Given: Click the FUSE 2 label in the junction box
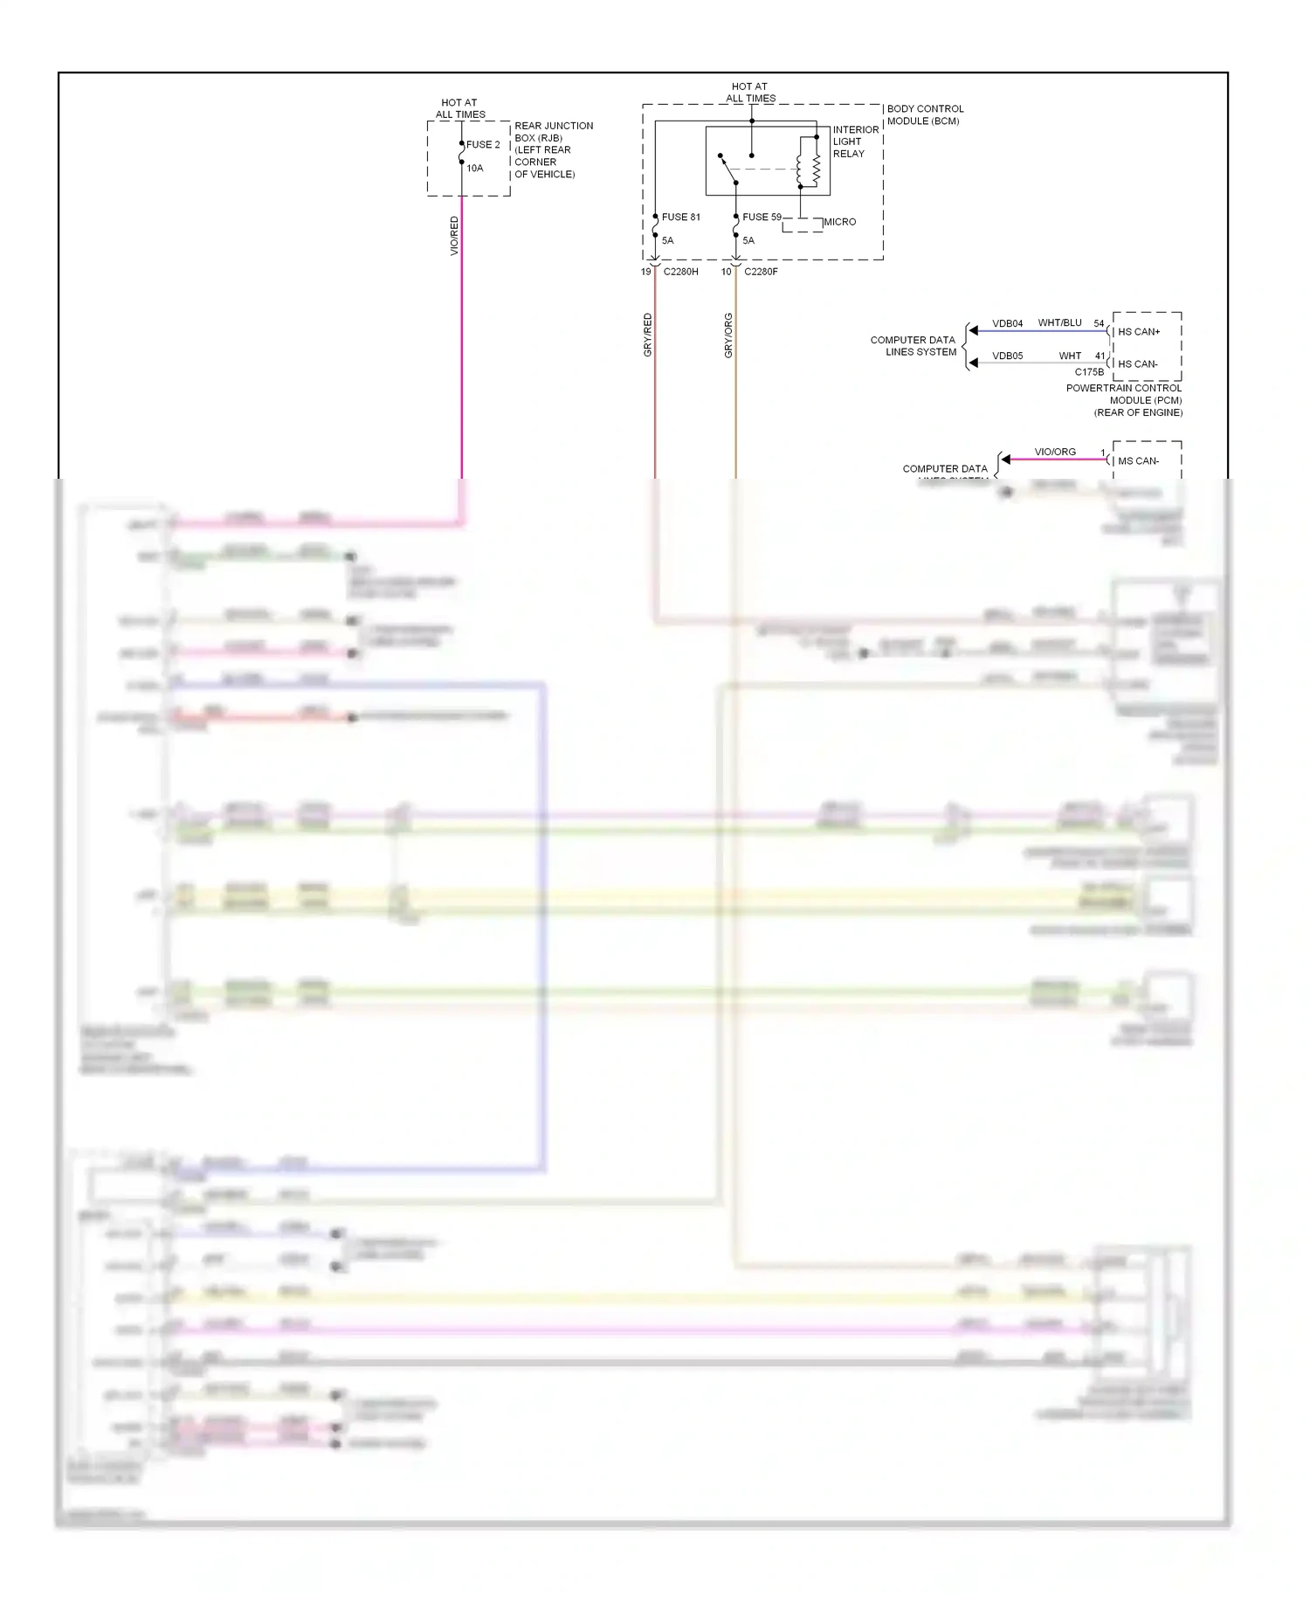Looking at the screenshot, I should tap(483, 145).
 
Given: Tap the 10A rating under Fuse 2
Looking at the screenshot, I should tap(474, 169).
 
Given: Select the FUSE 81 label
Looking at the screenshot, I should tap(681, 218).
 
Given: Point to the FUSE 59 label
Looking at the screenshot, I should tap(762, 218).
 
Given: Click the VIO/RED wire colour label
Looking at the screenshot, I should tap(454, 236).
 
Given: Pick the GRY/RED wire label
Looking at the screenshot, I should tap(648, 335).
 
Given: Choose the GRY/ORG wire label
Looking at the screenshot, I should tap(728, 335).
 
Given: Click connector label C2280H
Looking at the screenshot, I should tap(680, 272).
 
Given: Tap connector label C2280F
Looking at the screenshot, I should tap(761, 272).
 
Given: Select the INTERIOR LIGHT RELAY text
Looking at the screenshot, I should tap(855, 142).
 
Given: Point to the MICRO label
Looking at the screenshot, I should tap(839, 222).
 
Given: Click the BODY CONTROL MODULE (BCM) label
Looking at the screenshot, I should tap(925, 115).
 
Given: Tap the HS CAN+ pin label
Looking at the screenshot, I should tap(1139, 332).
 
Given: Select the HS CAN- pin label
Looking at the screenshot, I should tap(1138, 364).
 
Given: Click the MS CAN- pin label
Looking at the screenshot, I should tap(1138, 461).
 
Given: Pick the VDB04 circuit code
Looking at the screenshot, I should tap(1007, 324).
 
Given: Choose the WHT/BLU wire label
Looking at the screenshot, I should tap(1059, 323).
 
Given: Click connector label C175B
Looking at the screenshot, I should tap(1089, 372).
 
